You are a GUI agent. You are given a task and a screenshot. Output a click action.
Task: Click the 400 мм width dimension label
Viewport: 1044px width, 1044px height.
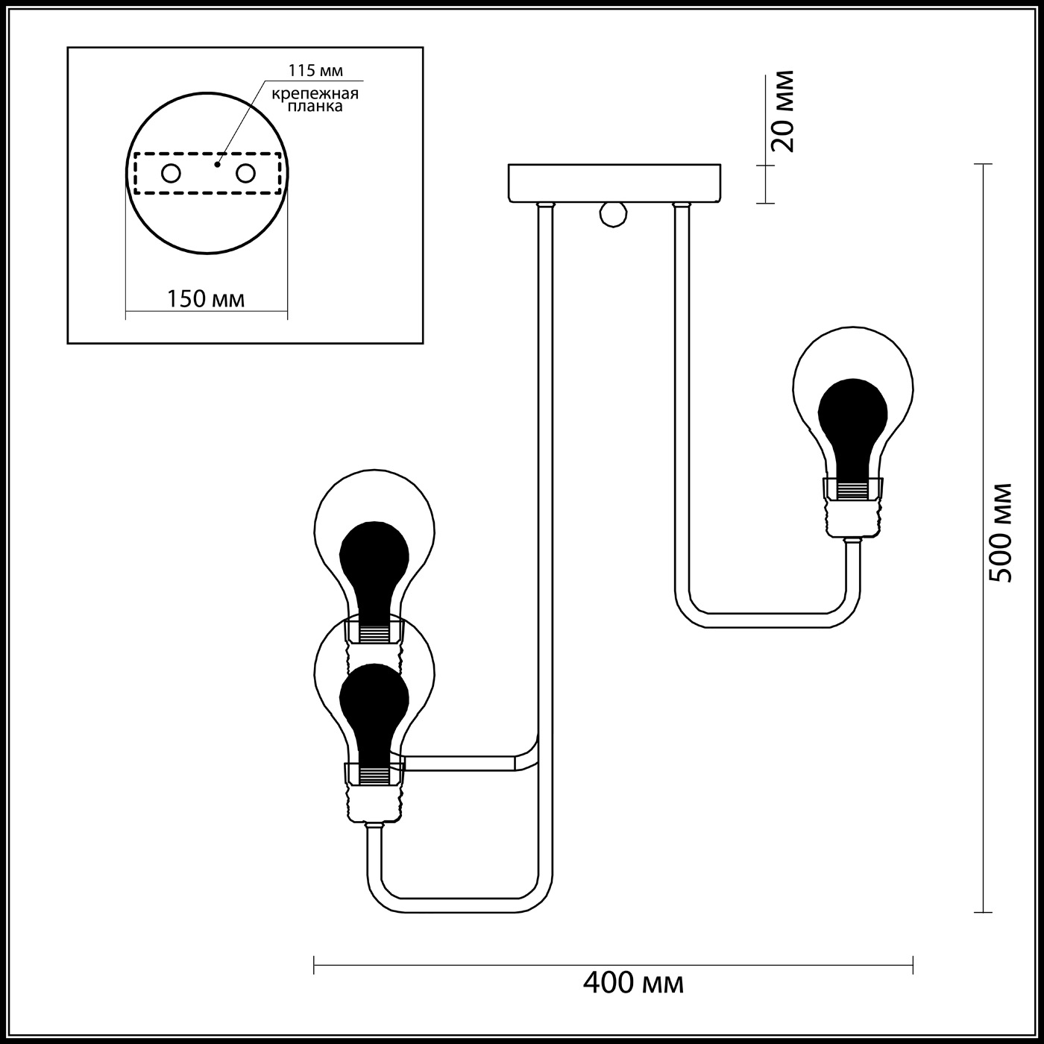(x=633, y=982)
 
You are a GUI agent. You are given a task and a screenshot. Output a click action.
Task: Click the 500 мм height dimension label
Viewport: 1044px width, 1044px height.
(x=999, y=532)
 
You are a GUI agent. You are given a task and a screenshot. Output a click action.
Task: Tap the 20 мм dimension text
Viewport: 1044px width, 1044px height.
(x=783, y=111)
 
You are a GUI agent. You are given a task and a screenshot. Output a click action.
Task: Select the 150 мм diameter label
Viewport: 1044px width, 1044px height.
(x=205, y=298)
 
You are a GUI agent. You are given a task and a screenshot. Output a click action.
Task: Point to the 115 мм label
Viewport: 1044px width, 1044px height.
(x=315, y=70)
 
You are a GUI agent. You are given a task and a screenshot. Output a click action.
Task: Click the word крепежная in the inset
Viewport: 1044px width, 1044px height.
(x=315, y=94)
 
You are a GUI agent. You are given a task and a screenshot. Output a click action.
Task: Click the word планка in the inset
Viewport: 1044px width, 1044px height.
(x=315, y=106)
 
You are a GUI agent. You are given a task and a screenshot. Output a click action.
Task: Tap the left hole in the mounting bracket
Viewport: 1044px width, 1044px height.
(x=171, y=174)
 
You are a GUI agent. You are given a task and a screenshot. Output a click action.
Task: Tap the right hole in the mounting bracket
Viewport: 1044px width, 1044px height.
(x=245, y=174)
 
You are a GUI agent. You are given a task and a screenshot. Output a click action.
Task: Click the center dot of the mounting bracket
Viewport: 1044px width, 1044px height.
(x=217, y=164)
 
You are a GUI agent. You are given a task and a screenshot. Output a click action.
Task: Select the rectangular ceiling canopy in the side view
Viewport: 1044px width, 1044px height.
(x=614, y=183)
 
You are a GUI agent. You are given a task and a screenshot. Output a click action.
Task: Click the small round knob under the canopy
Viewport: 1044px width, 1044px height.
(x=613, y=215)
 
